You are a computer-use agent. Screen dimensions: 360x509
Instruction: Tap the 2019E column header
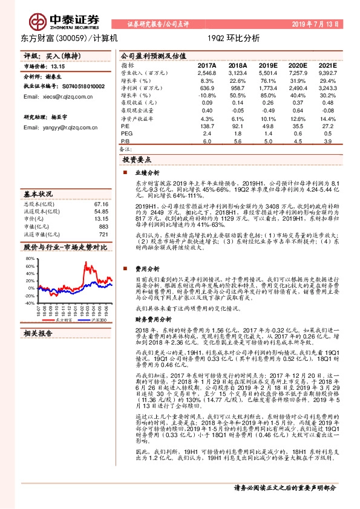(267, 65)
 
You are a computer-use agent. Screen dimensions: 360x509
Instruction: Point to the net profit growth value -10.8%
(207, 96)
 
